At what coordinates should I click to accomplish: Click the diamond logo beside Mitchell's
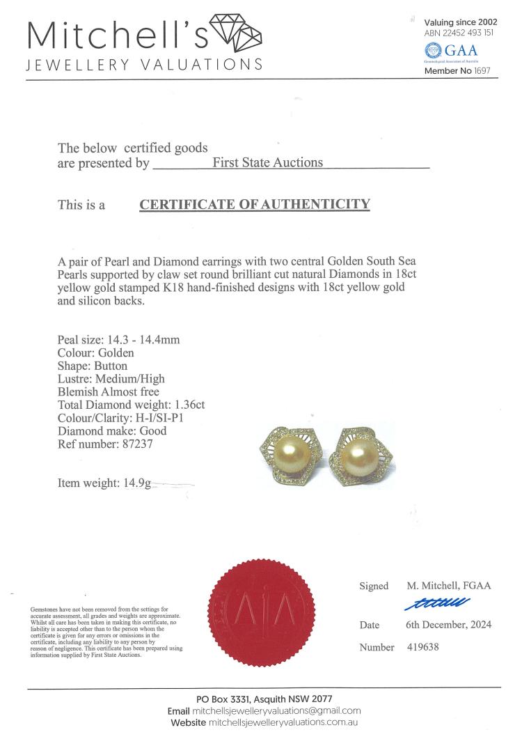point(235,33)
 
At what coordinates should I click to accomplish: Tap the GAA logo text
point(460,51)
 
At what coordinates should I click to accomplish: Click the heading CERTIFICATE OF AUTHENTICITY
point(255,204)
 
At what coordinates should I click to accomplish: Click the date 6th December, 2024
point(448,625)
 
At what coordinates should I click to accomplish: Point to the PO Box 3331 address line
point(264,699)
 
